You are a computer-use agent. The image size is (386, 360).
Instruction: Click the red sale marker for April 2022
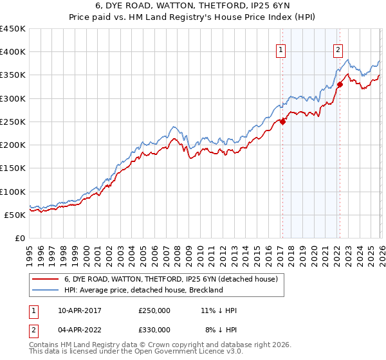[339, 85]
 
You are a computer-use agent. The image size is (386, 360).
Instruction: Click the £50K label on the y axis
[15, 215]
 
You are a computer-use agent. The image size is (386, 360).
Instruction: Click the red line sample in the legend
[46, 279]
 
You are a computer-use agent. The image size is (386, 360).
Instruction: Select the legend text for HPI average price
[143, 290]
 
